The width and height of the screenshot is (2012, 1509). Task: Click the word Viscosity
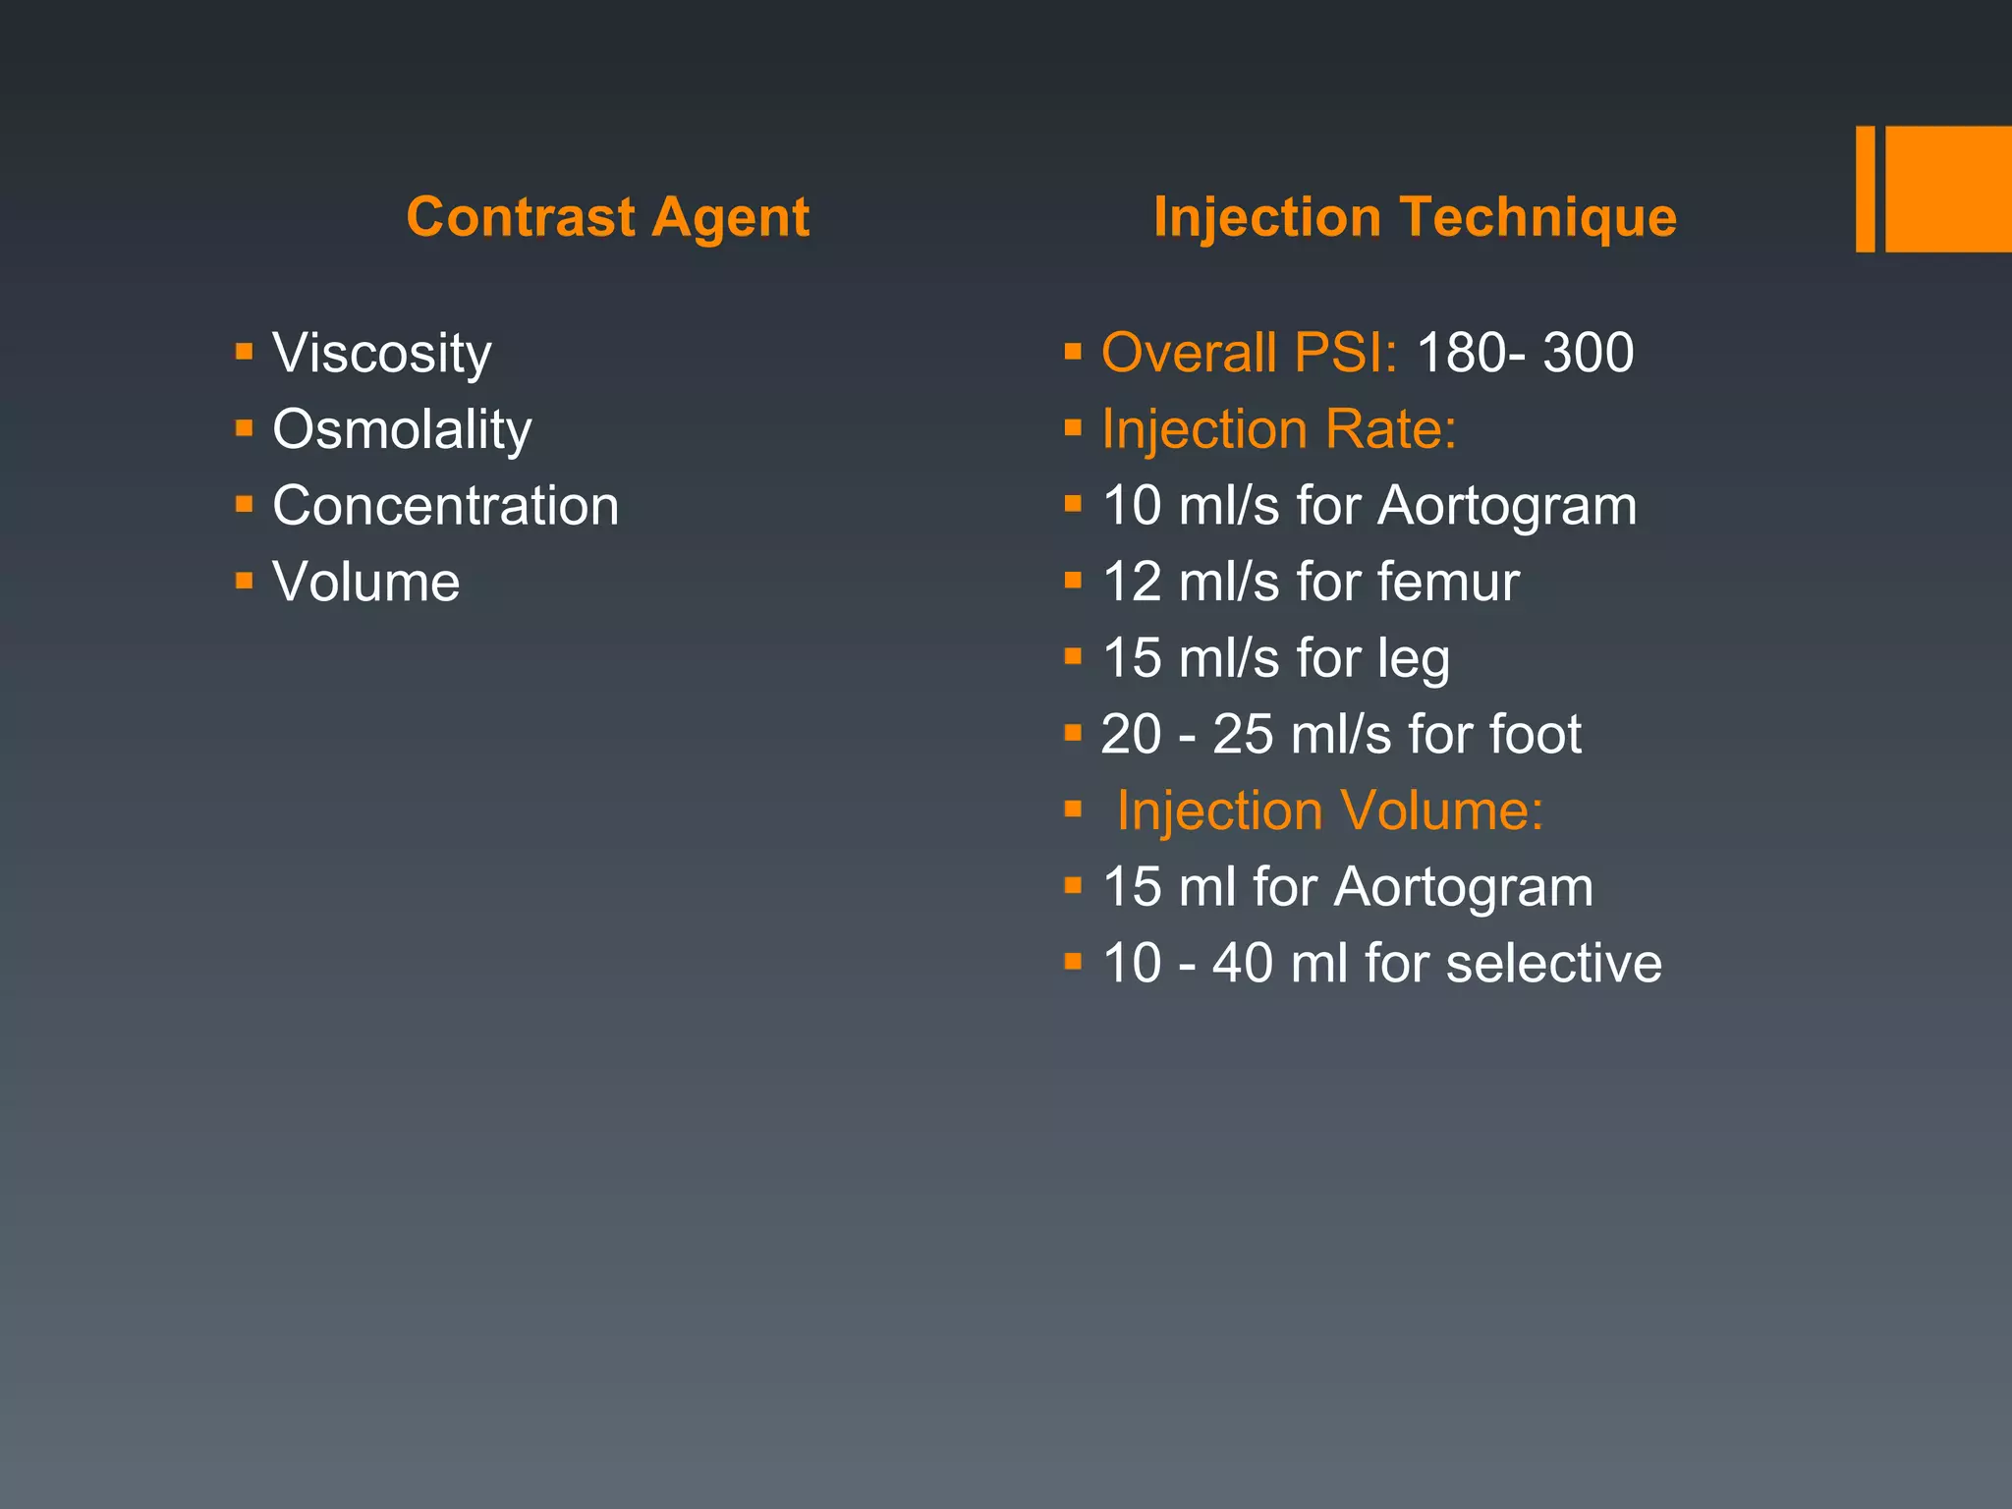[x=381, y=354]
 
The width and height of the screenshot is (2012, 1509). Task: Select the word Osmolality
[x=402, y=430]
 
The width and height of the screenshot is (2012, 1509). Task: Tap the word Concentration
[x=445, y=506]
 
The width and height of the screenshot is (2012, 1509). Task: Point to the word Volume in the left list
[x=365, y=582]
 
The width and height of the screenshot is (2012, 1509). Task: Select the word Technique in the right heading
[x=1537, y=217]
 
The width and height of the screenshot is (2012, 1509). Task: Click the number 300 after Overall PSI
[x=1588, y=353]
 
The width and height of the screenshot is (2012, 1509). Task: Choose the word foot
[x=1536, y=734]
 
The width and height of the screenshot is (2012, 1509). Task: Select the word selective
[x=1554, y=963]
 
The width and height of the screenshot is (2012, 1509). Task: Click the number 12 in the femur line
[x=1132, y=582]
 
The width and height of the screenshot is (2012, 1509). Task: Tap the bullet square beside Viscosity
[x=245, y=351]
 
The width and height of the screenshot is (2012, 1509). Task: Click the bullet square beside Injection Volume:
[x=1073, y=810]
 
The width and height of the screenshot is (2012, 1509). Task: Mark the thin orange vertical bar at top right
[x=1865, y=189]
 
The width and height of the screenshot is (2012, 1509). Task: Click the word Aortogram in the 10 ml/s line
[x=1507, y=506]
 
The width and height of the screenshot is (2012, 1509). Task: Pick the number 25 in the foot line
[x=1243, y=734]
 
